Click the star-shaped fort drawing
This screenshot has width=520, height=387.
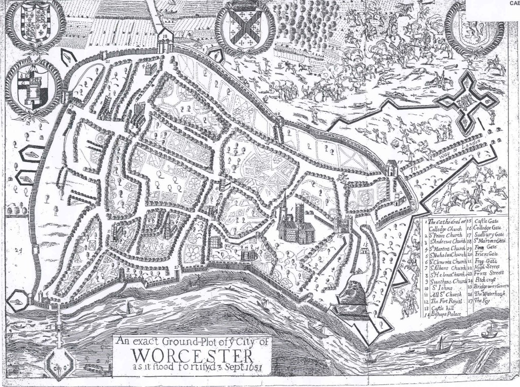pos(463,101)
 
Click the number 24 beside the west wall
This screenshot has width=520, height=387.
pos(20,250)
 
